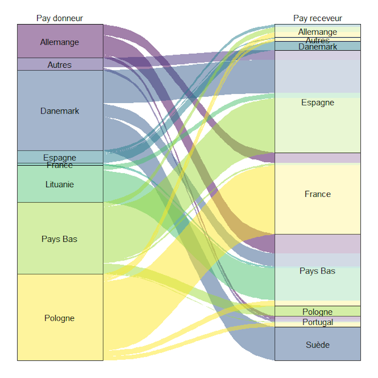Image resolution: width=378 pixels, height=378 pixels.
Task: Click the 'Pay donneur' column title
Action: click(60, 18)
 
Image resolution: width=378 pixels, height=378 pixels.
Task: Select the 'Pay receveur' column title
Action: click(317, 18)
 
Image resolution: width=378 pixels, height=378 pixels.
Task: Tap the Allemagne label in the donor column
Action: click(60, 42)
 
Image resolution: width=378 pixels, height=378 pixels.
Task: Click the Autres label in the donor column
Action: click(60, 65)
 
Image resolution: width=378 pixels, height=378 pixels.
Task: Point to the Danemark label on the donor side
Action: click(60, 111)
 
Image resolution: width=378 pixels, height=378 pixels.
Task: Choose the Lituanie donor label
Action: click(60, 184)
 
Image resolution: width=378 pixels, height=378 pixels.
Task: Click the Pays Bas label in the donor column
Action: click(60, 239)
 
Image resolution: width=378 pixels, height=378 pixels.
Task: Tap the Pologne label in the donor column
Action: click(60, 318)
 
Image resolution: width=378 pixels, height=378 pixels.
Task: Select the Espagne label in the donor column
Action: click(60, 158)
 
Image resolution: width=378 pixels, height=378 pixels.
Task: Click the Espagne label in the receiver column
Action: click(317, 102)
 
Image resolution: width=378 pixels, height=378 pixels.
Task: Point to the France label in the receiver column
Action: click(317, 194)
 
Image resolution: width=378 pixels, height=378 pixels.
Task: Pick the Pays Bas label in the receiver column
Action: click(317, 271)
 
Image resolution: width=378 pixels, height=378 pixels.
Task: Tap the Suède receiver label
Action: click(317, 345)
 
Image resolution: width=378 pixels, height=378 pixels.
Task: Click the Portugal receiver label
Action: click(317, 322)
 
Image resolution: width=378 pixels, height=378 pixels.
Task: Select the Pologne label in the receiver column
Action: click(317, 312)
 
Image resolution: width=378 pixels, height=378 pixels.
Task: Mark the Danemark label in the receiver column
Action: click(317, 47)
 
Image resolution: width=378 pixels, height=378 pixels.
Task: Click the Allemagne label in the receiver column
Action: click(317, 32)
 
